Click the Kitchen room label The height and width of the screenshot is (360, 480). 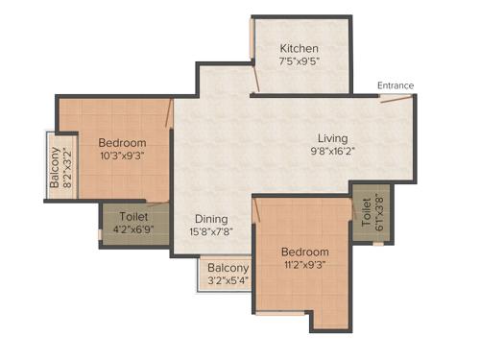click(300, 49)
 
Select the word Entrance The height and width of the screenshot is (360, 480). click(396, 85)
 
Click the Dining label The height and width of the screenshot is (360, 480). click(211, 218)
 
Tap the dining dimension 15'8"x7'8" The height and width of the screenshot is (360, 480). click(211, 232)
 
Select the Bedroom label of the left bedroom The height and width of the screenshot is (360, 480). click(122, 143)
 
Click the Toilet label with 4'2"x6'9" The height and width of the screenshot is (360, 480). click(133, 218)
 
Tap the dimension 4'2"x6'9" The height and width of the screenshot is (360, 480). click(133, 231)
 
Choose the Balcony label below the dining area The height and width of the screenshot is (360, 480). click(228, 268)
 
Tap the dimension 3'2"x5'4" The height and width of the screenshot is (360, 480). click(228, 281)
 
